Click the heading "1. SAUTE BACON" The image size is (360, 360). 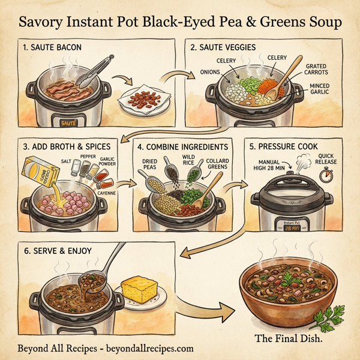(53, 47)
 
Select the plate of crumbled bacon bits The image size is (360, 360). (146, 100)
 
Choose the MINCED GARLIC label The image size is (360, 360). (319, 89)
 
